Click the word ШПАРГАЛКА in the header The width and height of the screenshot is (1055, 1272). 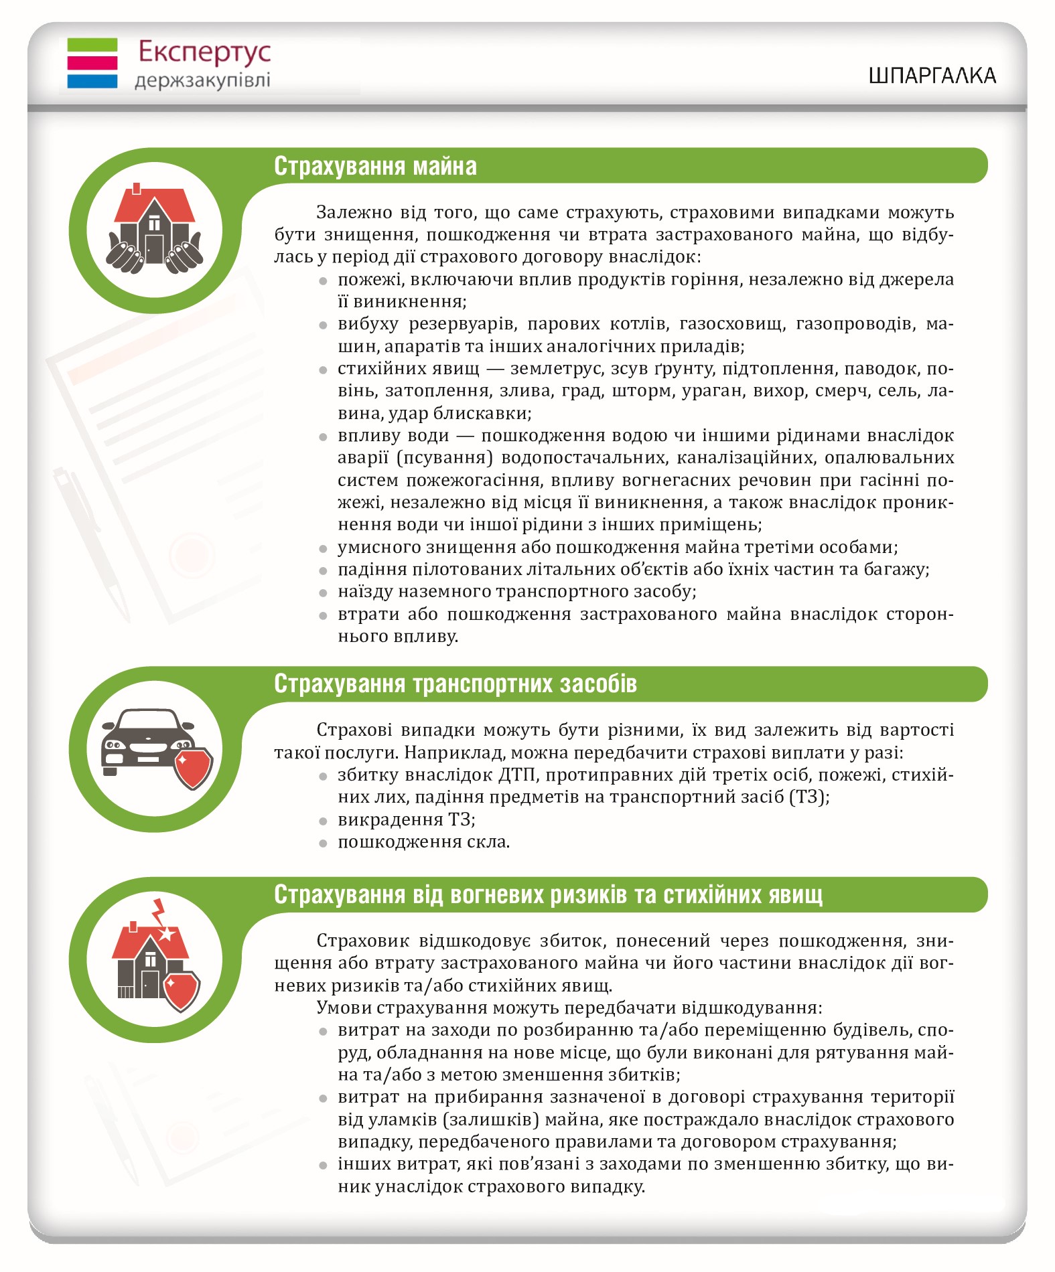click(x=932, y=76)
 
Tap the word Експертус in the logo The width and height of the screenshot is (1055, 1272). click(x=204, y=52)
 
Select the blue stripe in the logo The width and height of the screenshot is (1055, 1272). click(x=92, y=81)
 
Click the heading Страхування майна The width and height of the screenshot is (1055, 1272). click(x=375, y=166)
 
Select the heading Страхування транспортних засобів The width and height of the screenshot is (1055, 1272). click(x=455, y=684)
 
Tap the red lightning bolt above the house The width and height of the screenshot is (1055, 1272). click(x=159, y=912)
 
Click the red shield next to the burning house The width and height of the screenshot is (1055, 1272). click(x=181, y=989)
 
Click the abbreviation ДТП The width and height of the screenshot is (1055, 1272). click(x=516, y=775)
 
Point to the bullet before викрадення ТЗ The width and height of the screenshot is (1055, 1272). click(x=323, y=821)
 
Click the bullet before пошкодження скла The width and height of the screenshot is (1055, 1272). click(x=323, y=843)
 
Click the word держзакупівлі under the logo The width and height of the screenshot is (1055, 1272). click(x=202, y=81)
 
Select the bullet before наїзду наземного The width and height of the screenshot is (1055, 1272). click(x=323, y=592)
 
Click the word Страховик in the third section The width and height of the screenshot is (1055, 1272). click(x=362, y=941)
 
